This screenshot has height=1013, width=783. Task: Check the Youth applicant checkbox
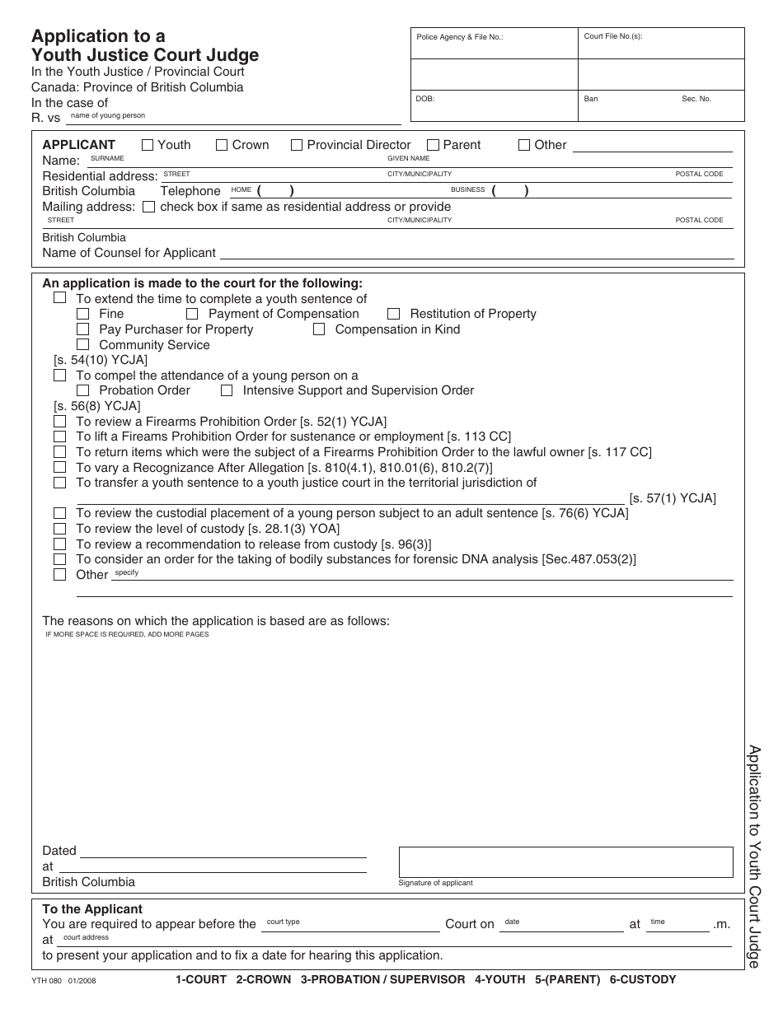[x=148, y=145]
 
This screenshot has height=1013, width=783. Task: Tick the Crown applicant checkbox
[x=222, y=145]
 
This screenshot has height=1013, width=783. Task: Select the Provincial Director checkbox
[x=297, y=145]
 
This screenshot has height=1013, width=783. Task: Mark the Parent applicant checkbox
[x=433, y=145]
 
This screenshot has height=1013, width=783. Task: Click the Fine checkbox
[x=82, y=314]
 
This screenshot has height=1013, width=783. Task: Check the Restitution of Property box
[x=393, y=314]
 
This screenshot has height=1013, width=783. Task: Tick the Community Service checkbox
[x=82, y=345]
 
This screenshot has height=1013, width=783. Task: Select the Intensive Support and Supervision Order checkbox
[x=227, y=390]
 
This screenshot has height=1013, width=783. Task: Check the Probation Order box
[x=82, y=390]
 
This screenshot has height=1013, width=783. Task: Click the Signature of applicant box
[x=565, y=861]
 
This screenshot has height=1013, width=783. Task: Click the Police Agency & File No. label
[x=459, y=37]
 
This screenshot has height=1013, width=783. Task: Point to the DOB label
[x=425, y=99]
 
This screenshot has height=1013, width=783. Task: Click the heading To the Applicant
[x=92, y=909]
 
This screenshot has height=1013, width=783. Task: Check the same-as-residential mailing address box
[x=148, y=208]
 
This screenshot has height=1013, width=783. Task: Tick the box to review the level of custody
[x=59, y=529]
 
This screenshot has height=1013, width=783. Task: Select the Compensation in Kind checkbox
[x=319, y=329]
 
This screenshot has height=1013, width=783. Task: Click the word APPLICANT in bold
[x=79, y=145]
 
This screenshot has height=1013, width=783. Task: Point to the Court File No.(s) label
[x=612, y=36]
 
